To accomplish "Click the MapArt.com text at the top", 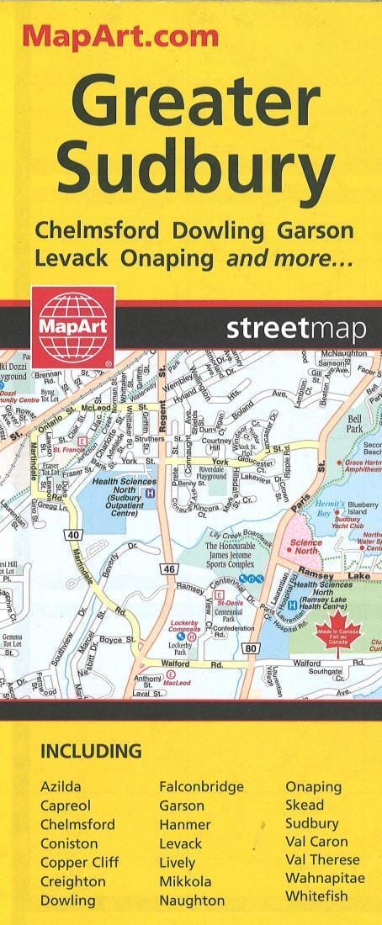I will pyautogui.click(x=119, y=35).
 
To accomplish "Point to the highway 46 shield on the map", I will pyautogui.click(x=168, y=545).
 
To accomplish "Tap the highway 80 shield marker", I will pyautogui.click(x=253, y=625).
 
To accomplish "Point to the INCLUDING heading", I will pyautogui.click(x=91, y=751).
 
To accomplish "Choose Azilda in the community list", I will pyautogui.click(x=61, y=786).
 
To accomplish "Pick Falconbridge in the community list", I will pyautogui.click(x=201, y=786).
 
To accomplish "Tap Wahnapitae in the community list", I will pyautogui.click(x=325, y=878).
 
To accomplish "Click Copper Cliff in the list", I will pyautogui.click(x=80, y=862).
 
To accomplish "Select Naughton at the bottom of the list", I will pyautogui.click(x=192, y=900).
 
